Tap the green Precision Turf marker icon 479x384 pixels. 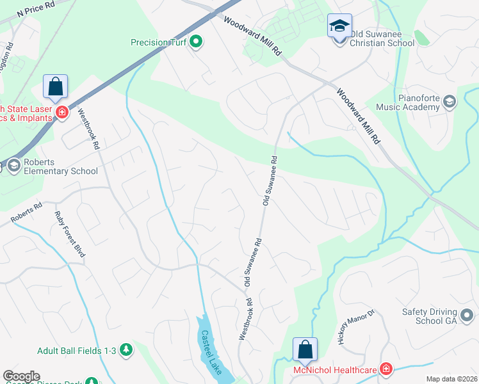tap(197, 43)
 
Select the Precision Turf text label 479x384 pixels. tap(159, 43)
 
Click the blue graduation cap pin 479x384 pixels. tap(339, 26)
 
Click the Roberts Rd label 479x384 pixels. tap(26, 214)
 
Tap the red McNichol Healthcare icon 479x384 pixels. tap(386, 369)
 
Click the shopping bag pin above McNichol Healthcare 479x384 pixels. tap(305, 349)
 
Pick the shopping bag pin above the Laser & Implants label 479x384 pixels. tap(56, 86)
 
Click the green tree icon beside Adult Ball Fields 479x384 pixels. tap(127, 349)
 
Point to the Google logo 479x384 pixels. tap(21, 376)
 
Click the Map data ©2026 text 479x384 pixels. tap(451, 379)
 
